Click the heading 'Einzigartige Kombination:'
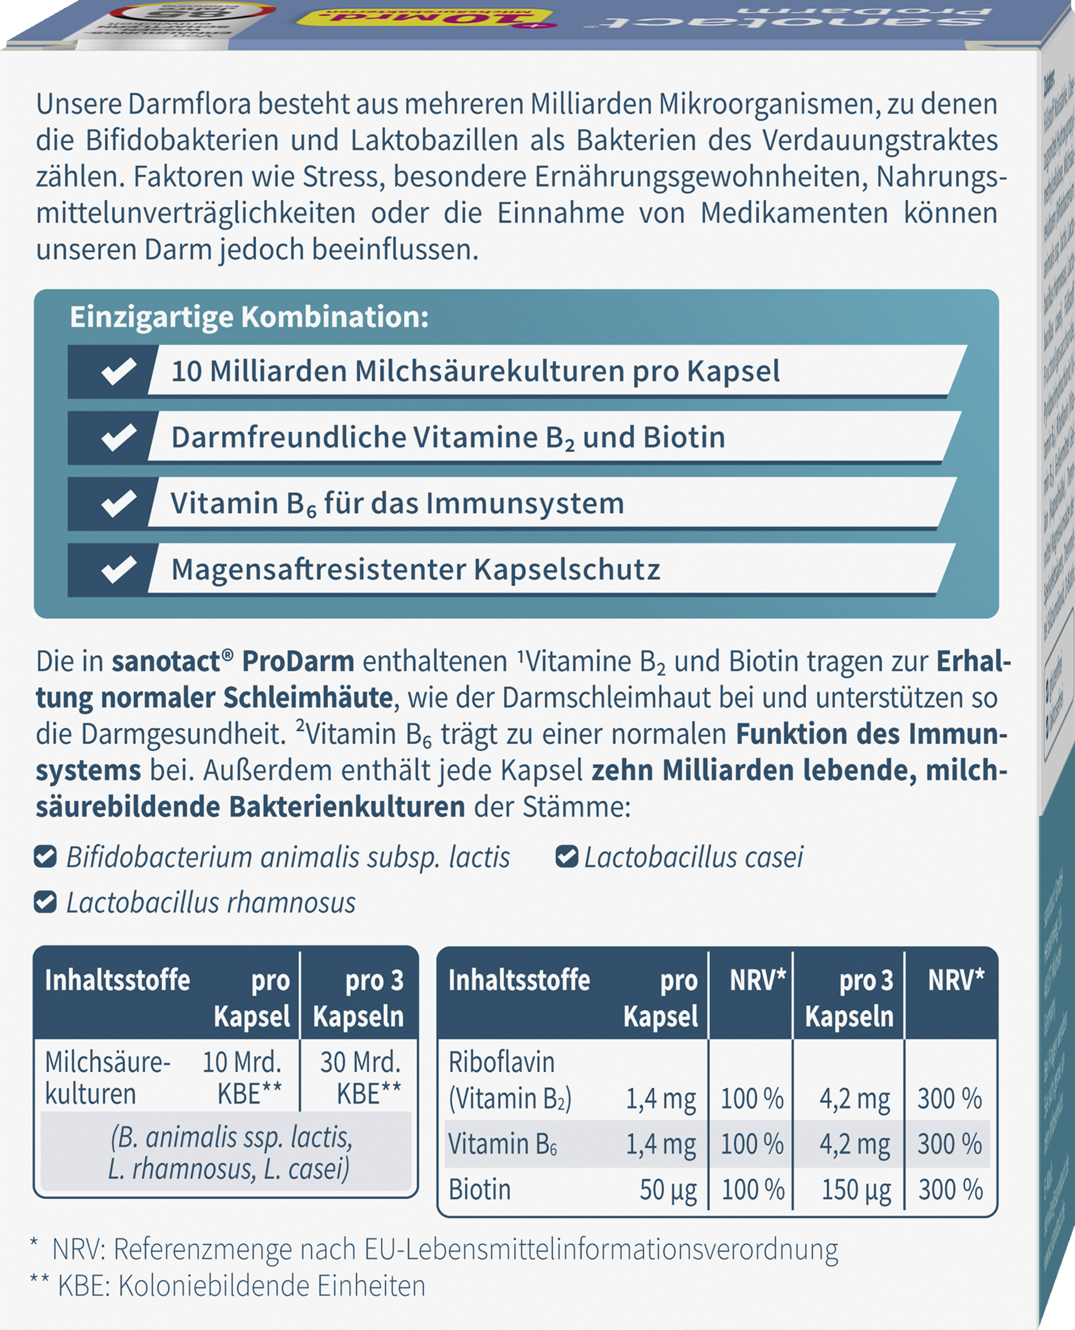(249, 317)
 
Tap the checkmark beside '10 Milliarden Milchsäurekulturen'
(118, 371)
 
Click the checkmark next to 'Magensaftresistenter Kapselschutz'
(118, 570)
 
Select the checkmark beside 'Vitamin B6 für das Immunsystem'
(118, 503)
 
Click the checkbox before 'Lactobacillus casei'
(566, 857)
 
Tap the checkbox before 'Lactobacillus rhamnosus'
(45, 902)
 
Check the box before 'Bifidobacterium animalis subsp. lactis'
(45, 857)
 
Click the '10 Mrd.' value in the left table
(242, 1062)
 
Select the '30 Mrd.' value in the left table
(360, 1062)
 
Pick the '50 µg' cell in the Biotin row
(668, 1189)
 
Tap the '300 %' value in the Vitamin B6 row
(949, 1144)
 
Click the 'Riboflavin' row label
(501, 1062)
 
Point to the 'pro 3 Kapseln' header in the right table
(849, 998)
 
